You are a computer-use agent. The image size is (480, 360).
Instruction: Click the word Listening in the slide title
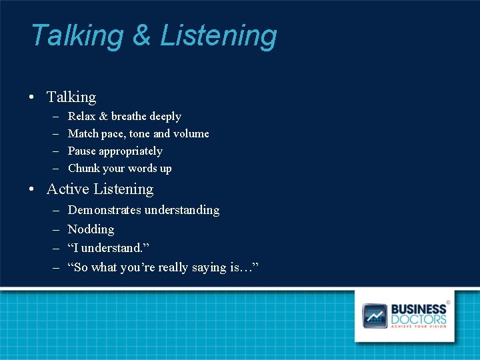[x=219, y=36]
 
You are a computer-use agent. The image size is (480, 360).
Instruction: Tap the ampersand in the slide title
[x=141, y=35]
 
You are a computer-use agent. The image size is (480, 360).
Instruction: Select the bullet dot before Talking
[x=32, y=97]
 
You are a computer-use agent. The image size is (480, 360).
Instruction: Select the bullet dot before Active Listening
[x=32, y=190]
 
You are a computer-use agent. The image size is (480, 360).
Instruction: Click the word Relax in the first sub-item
[x=81, y=117]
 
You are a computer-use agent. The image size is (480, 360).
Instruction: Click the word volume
[x=191, y=134]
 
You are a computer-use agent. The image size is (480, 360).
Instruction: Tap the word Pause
[x=83, y=151]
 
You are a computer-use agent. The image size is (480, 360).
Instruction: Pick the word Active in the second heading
[x=67, y=189]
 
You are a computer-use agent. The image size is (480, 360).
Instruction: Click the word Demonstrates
[x=106, y=210]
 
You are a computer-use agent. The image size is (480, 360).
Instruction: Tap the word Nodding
[x=91, y=229]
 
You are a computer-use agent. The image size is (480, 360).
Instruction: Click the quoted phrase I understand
[x=109, y=249]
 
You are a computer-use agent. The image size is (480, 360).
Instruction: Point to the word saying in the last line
[x=207, y=268]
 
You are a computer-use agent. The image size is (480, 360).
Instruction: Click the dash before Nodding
[x=54, y=229]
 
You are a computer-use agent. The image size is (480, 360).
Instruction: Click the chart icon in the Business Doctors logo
[x=375, y=315]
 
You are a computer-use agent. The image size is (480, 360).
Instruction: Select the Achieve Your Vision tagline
[x=419, y=327]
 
